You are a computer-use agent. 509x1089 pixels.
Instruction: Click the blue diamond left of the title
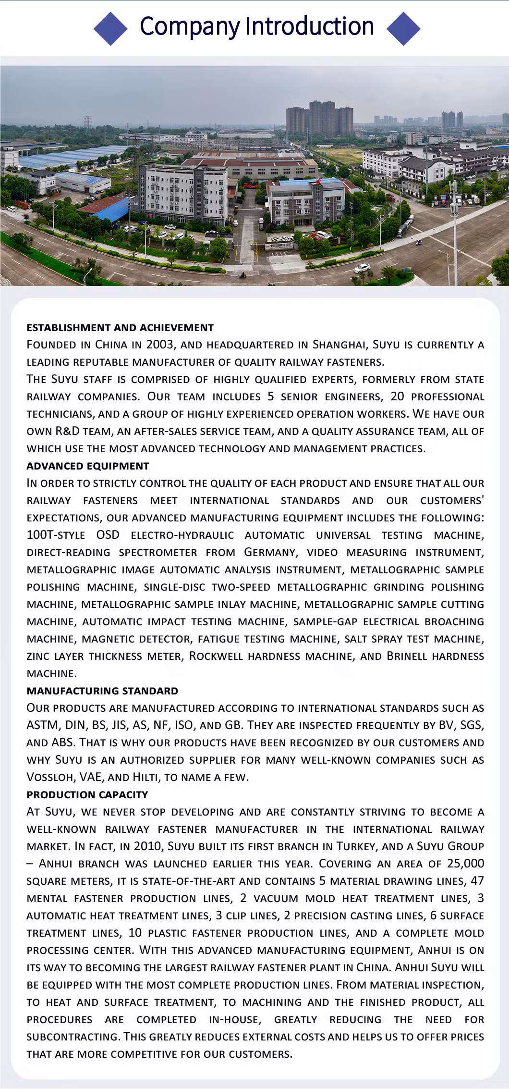(x=110, y=28)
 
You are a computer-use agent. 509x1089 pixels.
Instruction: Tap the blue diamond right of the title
(x=403, y=28)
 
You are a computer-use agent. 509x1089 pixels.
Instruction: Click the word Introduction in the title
(x=309, y=26)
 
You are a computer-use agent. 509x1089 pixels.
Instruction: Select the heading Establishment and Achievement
(x=120, y=328)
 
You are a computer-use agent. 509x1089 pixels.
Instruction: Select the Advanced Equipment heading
(x=88, y=466)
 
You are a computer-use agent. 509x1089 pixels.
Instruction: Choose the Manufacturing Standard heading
(x=102, y=691)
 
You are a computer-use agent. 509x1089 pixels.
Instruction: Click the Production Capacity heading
(x=87, y=795)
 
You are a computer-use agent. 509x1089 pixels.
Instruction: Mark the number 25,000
(x=465, y=864)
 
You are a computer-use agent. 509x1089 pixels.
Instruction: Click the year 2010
(x=147, y=846)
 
